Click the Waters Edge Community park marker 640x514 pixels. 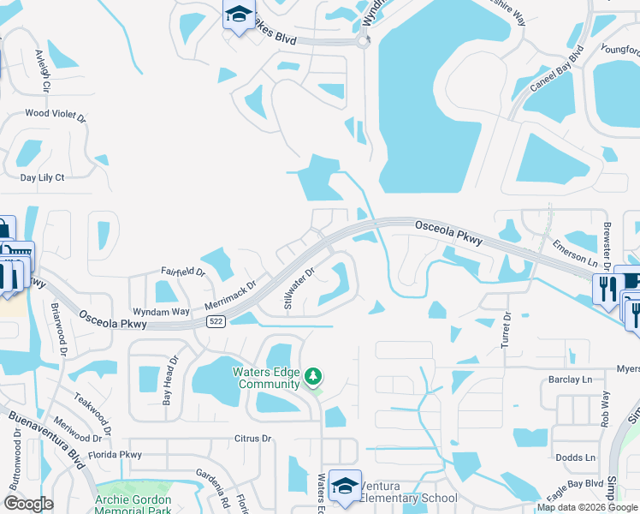click(x=314, y=377)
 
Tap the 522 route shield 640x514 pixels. click(x=216, y=321)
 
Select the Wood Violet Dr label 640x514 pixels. click(x=56, y=113)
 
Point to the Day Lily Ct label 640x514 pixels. click(x=43, y=177)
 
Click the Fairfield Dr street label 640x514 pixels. click(x=183, y=272)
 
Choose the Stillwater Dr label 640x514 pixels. click(x=299, y=288)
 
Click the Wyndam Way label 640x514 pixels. click(x=161, y=312)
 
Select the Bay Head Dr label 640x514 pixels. click(x=170, y=379)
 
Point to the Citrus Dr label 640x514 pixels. click(x=252, y=439)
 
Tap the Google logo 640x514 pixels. click(x=27, y=504)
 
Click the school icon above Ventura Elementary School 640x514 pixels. click(x=344, y=485)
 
